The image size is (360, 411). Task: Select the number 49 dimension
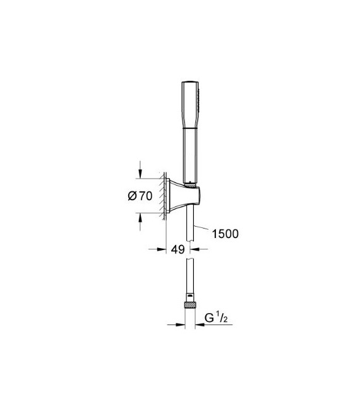coord(178,249)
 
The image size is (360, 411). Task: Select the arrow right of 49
coord(196,250)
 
